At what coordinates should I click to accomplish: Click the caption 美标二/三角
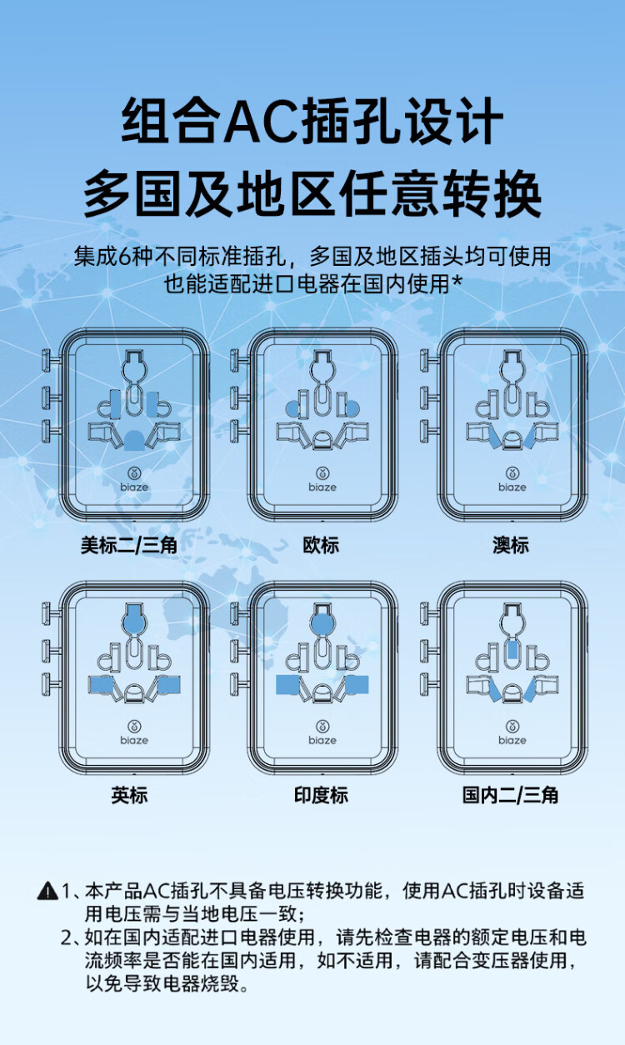coord(128,546)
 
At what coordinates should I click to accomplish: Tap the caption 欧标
coord(321,546)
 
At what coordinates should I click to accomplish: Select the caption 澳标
coord(511,546)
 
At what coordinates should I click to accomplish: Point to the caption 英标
coord(129,795)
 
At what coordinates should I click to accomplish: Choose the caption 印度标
coord(321,795)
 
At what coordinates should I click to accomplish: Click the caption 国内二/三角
coord(510,795)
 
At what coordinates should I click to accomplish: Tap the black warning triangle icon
coord(47,891)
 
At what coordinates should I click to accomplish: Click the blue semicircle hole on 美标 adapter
coord(134,438)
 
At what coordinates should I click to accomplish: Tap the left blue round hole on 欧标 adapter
coord(292,408)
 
